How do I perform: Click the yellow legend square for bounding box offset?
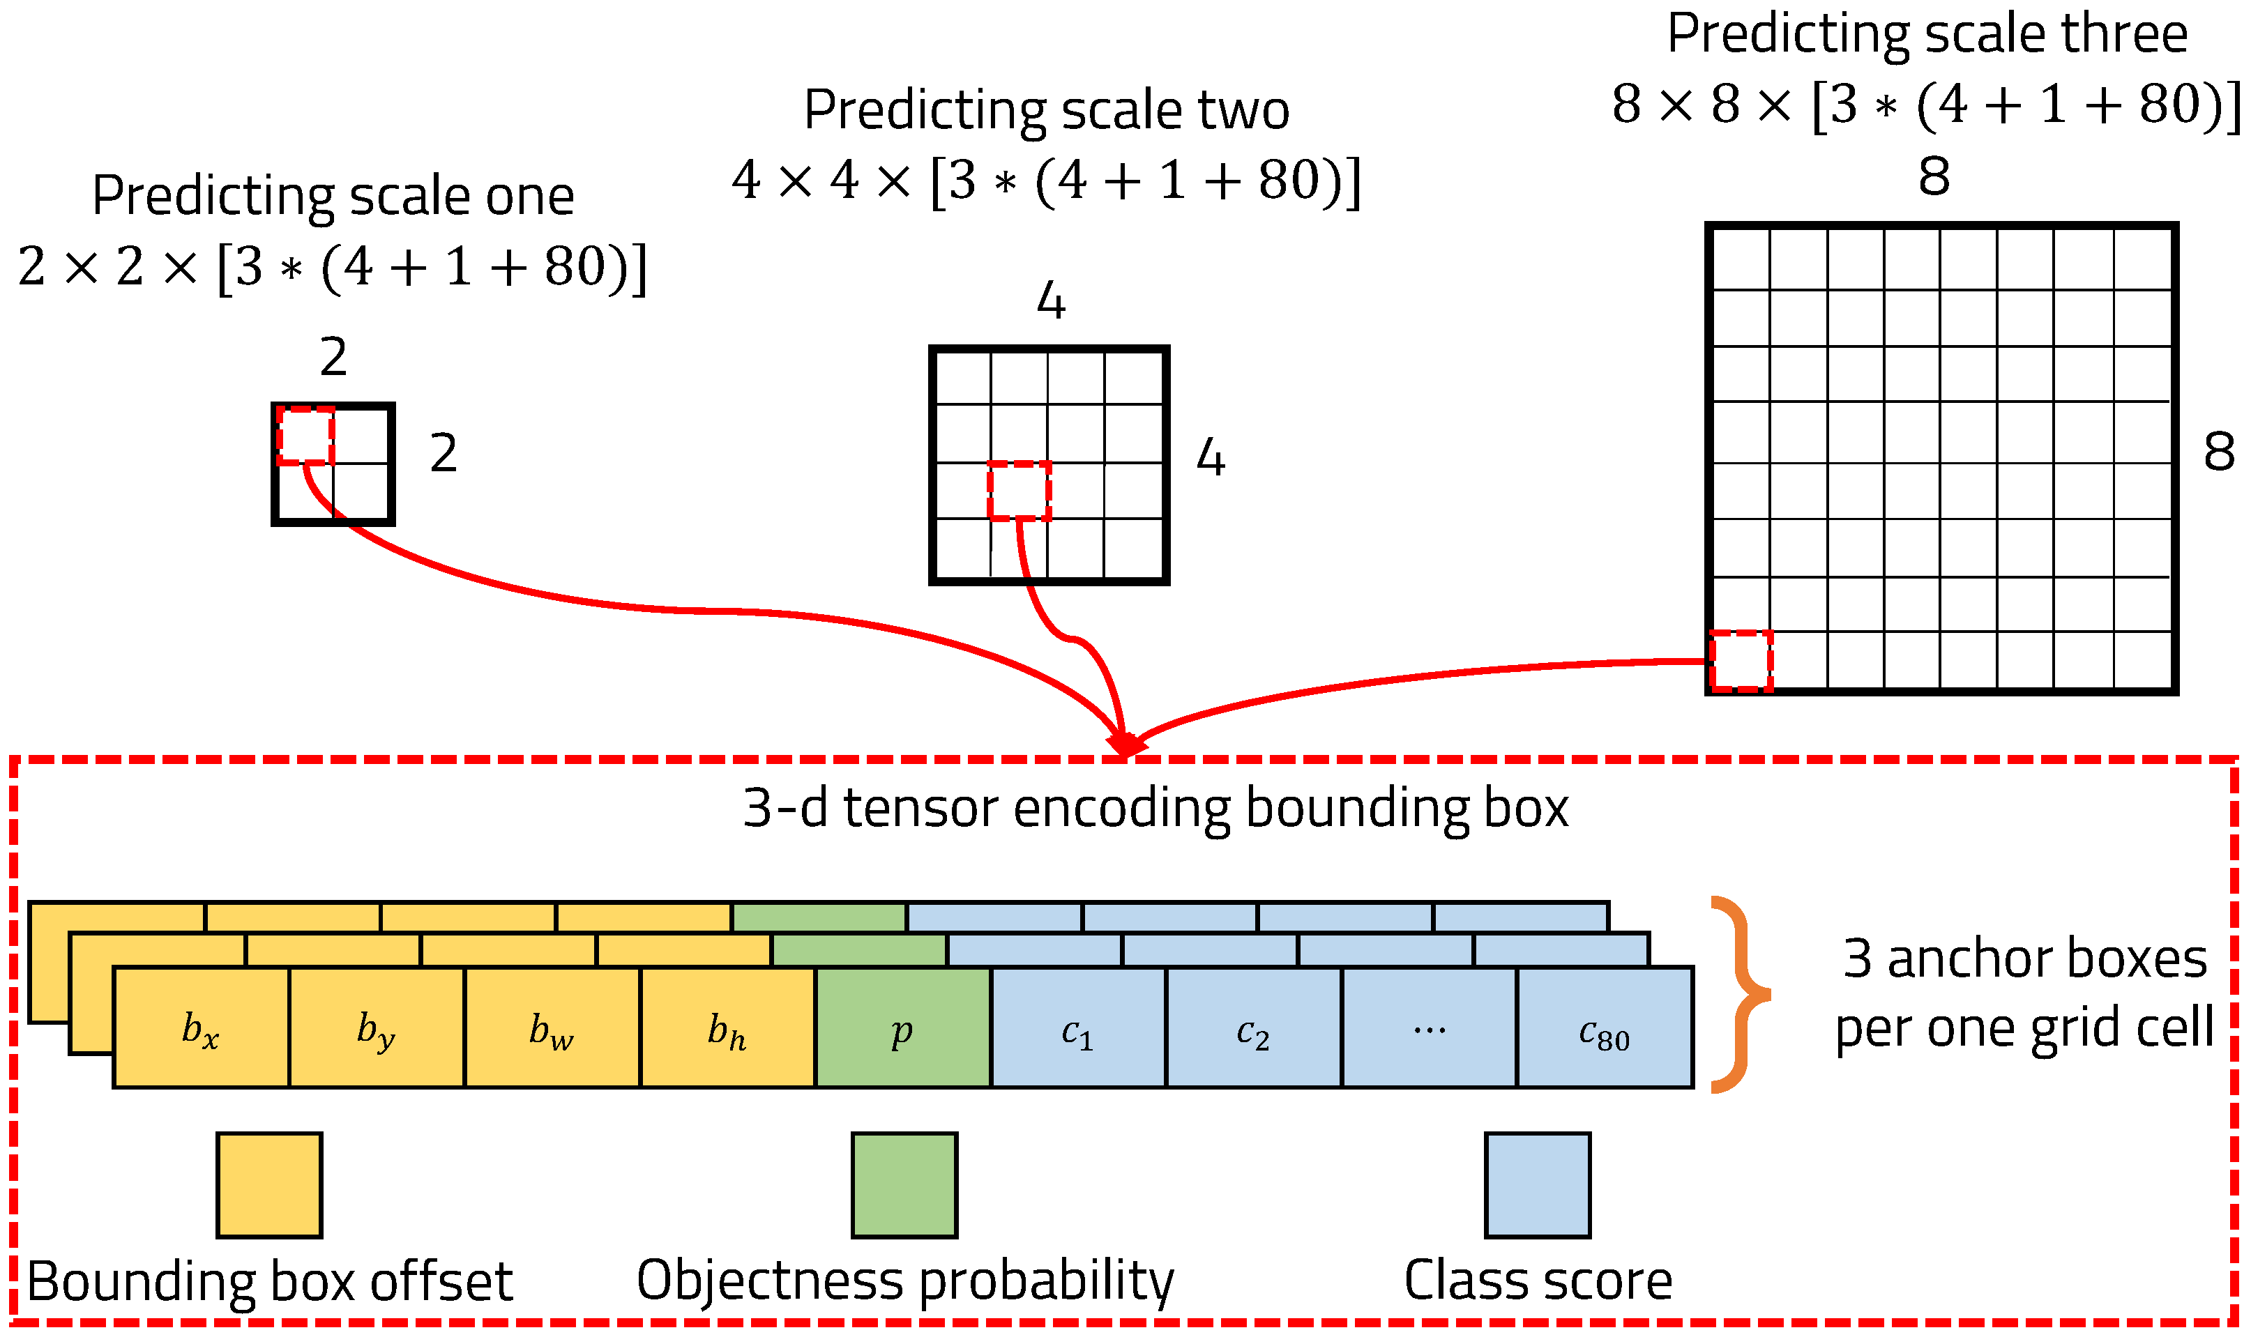coord(269,1184)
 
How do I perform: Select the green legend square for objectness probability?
coord(904,1184)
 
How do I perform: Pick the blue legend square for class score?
coord(1537,1184)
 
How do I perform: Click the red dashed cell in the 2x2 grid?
coord(305,436)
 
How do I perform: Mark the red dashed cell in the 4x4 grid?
coord(1019,491)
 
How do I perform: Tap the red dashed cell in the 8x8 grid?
coord(1740,661)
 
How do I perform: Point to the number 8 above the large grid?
coord(1934,176)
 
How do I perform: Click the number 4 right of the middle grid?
coord(1210,457)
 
